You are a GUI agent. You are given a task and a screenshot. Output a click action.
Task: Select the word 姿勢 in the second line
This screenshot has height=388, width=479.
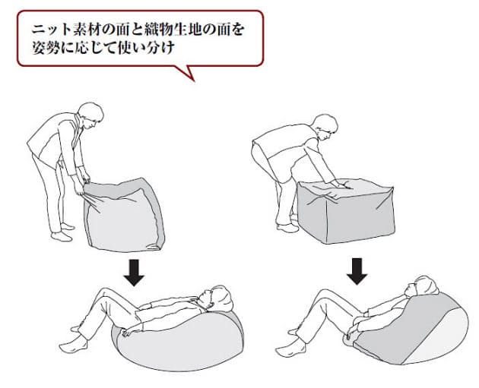[45, 48]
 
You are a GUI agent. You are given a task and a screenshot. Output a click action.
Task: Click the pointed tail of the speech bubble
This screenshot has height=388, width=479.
[194, 80]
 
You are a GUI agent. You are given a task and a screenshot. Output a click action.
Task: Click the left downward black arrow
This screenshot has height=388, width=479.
[134, 273]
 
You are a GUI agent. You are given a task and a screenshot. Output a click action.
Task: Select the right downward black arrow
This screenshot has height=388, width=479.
[357, 271]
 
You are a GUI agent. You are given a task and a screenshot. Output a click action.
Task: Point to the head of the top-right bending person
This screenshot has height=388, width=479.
[325, 127]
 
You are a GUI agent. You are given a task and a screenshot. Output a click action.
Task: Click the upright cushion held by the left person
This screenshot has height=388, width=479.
[124, 215]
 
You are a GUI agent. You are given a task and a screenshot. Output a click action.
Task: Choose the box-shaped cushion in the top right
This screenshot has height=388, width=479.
[346, 211]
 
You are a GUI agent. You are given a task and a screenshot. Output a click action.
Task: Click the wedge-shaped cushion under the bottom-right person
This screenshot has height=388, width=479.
[409, 330]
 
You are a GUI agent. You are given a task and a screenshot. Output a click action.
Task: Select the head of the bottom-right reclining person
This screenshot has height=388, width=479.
[423, 287]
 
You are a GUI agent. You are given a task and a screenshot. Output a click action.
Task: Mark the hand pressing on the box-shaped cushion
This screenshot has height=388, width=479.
[340, 184]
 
